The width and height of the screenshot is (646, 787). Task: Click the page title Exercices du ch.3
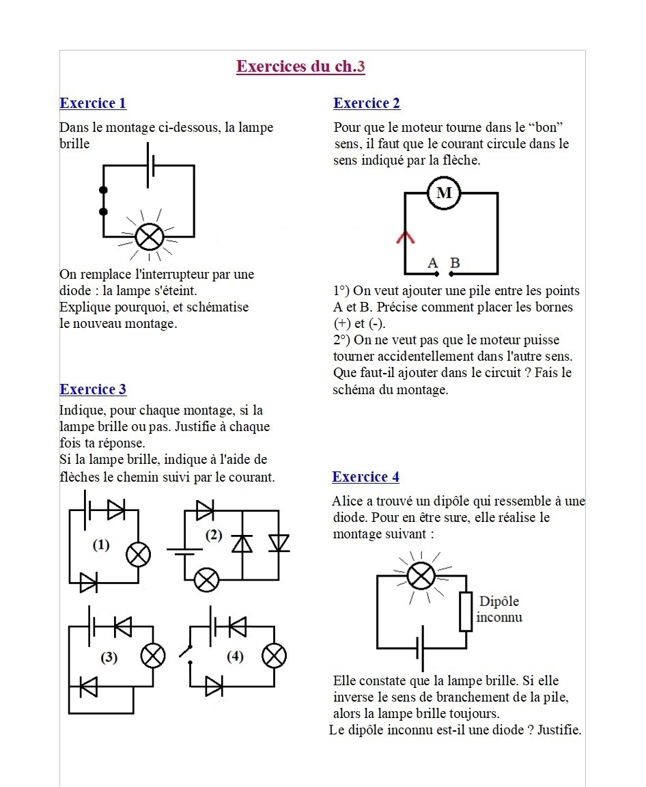[300, 66]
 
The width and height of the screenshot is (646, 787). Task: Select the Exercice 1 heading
[93, 103]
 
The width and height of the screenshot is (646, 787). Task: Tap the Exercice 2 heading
[367, 103]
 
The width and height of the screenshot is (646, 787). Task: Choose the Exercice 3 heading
[93, 389]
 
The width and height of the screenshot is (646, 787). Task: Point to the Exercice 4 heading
[365, 477]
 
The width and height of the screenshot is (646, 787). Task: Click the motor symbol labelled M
[444, 193]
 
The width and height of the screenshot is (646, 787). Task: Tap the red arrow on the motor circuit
[406, 237]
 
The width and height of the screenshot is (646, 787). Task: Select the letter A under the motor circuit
[432, 263]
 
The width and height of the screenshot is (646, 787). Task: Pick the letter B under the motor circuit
[455, 263]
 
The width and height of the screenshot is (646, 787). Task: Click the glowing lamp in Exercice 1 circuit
[149, 237]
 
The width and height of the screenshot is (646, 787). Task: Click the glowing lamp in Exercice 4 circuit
[421, 575]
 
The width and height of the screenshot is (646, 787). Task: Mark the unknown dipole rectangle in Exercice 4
[466, 611]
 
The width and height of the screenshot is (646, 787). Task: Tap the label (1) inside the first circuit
[101, 544]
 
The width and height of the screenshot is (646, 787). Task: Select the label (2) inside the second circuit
[214, 535]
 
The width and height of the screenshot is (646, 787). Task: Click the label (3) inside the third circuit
[109, 657]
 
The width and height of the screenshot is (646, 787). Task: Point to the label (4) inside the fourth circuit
[235, 657]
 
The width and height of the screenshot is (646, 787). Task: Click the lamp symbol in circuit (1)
[139, 555]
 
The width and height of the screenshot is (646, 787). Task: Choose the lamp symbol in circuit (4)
[275, 657]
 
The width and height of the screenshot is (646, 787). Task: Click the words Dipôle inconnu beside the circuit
[499, 609]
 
